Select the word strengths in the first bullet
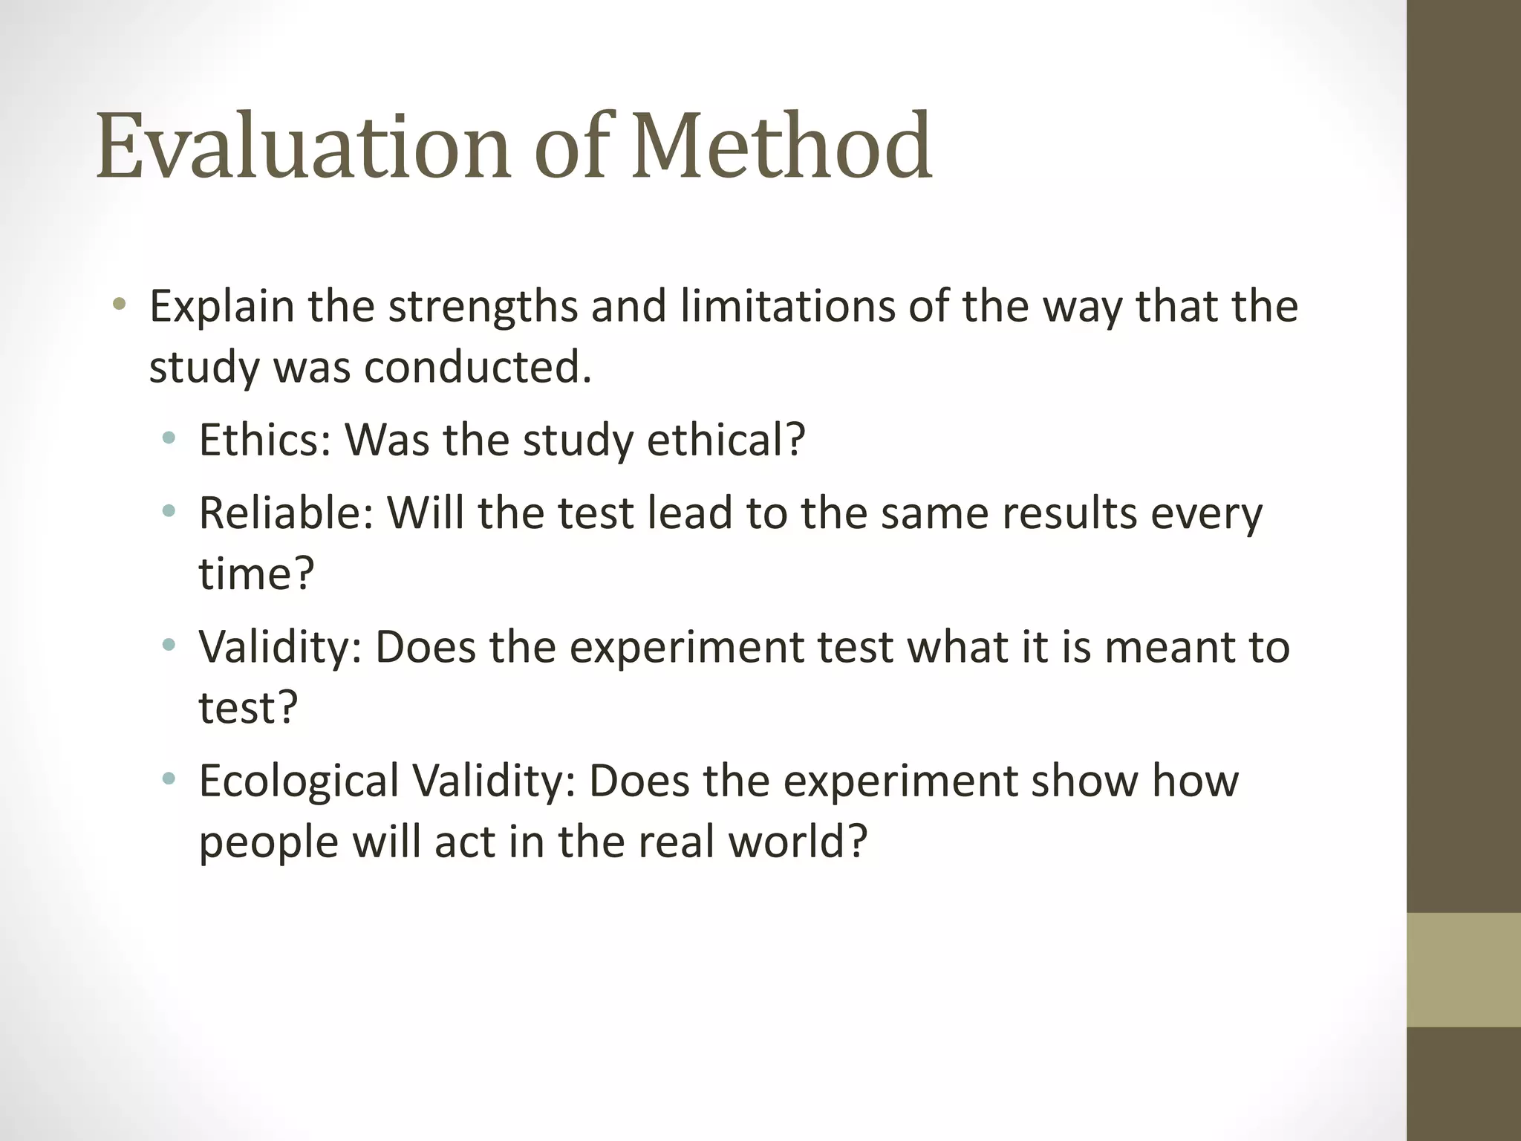pyautogui.click(x=483, y=307)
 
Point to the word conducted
pyautogui.click(x=478, y=367)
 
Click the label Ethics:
pyautogui.click(x=264, y=440)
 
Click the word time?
pyautogui.click(x=257, y=573)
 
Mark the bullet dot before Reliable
pyautogui.click(x=169, y=510)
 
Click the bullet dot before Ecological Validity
pyautogui.click(x=169, y=778)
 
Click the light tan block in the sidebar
pyautogui.click(x=1464, y=969)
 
